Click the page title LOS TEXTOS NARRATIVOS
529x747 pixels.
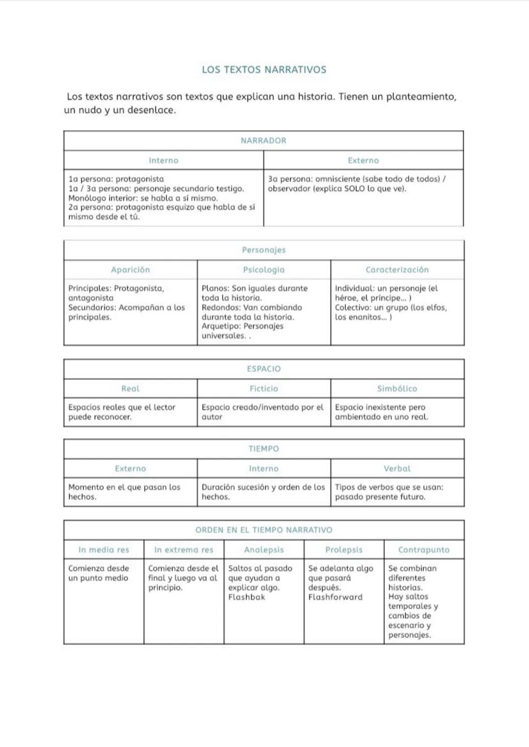(x=264, y=70)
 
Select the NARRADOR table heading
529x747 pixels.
(x=264, y=141)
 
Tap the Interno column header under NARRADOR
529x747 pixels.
(x=164, y=160)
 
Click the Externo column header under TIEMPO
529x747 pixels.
(x=130, y=468)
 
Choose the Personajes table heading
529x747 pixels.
(x=264, y=250)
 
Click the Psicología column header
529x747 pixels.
(x=264, y=269)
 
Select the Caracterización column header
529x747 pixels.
(x=397, y=269)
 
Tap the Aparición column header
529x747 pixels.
(x=130, y=269)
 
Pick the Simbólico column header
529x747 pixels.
(x=397, y=388)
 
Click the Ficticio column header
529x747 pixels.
(x=264, y=388)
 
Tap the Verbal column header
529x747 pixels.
(x=397, y=468)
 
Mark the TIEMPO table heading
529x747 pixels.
(x=264, y=449)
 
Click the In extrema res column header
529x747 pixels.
(x=184, y=550)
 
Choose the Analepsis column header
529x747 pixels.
(x=264, y=550)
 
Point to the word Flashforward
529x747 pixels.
(x=336, y=597)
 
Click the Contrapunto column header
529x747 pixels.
(x=424, y=550)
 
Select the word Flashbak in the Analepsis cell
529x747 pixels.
(x=246, y=597)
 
